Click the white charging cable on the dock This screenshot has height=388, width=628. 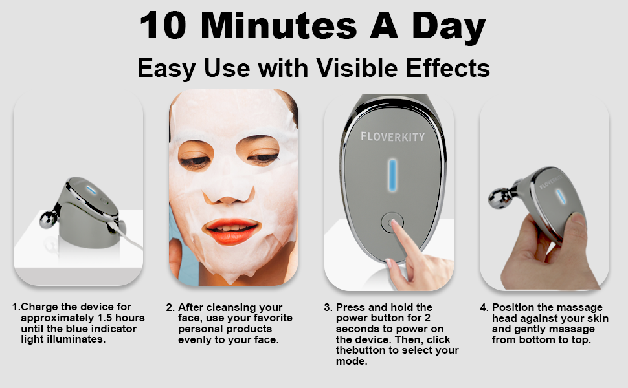(129, 233)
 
